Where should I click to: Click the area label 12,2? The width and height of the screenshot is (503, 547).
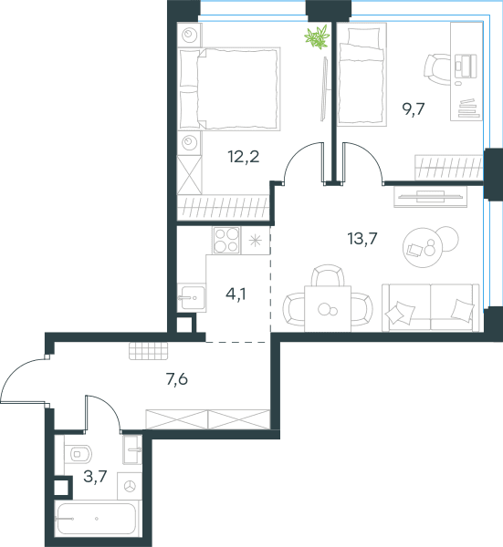point(244,157)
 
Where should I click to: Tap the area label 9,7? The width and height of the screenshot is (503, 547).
point(414,109)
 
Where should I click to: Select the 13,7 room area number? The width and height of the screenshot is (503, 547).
point(362,239)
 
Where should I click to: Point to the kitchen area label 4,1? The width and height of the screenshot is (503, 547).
point(236,294)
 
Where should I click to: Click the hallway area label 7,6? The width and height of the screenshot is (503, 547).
point(177,379)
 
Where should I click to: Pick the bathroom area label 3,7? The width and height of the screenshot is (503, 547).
point(95,476)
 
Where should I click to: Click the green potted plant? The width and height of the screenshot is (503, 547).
point(317,37)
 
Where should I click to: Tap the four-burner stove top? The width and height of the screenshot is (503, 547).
point(226,241)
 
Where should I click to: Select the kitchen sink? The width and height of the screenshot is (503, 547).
point(191,297)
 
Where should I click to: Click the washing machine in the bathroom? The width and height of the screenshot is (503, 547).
point(130,486)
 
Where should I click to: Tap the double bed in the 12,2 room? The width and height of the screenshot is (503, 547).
point(229,89)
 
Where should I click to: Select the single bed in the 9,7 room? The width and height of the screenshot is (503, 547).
point(362,75)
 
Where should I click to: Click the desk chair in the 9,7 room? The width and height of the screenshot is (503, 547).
point(437,69)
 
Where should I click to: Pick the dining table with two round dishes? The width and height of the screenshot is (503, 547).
point(328,308)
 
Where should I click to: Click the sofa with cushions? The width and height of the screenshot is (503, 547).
point(431,307)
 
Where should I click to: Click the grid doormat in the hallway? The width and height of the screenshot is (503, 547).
point(149,351)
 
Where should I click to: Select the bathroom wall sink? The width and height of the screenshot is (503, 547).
point(132,449)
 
